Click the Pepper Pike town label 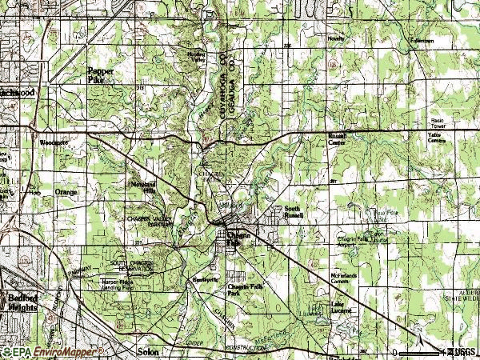pyautogui.click(x=101, y=74)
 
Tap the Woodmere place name pyautogui.click(x=54, y=143)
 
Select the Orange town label pyautogui.click(x=66, y=193)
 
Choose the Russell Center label pyautogui.click(x=337, y=139)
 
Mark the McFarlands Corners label pyautogui.click(x=345, y=277)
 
